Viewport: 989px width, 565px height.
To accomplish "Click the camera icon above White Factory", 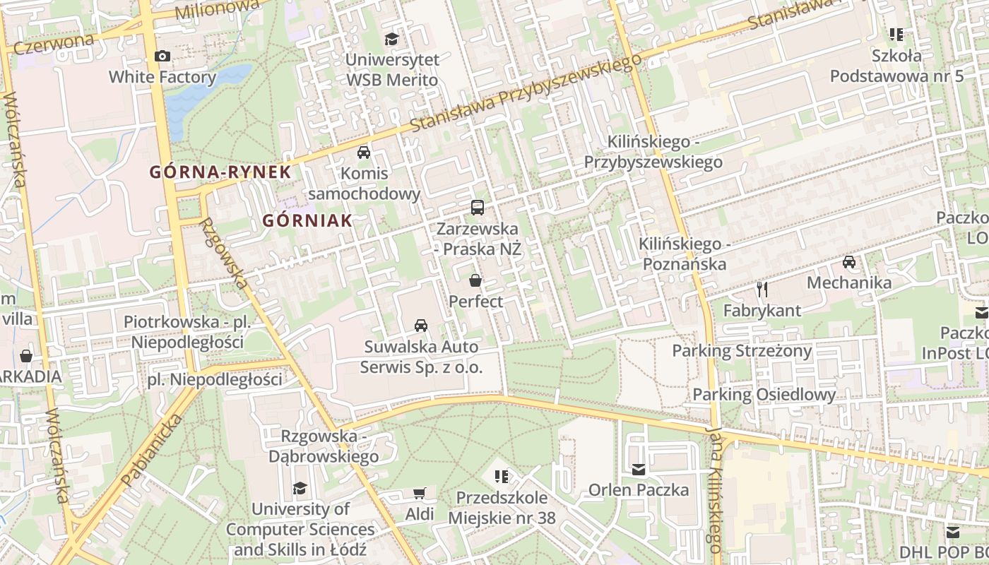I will coord(162,56).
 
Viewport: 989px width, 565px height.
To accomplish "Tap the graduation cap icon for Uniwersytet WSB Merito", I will coord(391,39).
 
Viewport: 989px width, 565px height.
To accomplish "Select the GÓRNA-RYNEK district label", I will coord(220,172).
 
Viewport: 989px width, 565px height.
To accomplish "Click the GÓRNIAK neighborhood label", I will coord(307,220).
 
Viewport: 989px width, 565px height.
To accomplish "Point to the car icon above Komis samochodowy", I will coord(364,153).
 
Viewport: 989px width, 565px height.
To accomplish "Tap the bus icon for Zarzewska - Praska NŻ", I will coord(478,208).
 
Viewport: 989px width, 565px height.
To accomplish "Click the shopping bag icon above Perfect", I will coord(475,280).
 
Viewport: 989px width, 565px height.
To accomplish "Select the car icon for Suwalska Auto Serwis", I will coord(421,325).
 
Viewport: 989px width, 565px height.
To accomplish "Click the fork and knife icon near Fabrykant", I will coord(762,289).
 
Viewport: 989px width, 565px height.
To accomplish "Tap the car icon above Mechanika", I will coord(848,262).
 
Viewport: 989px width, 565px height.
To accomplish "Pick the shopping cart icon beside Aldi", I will coord(419,493).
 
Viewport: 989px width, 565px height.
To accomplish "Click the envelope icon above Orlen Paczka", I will coord(639,469).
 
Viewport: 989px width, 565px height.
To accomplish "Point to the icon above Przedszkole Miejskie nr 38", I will coord(502,477).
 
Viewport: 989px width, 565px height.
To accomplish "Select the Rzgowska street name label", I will coord(225,253).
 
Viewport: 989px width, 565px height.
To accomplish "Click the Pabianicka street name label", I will coord(152,450).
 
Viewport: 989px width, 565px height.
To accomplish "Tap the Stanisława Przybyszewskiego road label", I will coord(526,93).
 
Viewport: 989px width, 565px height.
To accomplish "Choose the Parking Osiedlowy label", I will coord(764,394).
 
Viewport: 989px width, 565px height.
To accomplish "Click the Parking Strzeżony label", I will coord(742,350).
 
